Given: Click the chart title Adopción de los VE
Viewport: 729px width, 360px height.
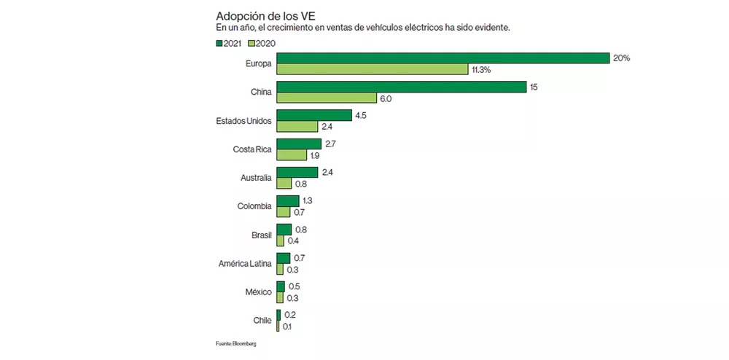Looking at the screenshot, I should [265, 15].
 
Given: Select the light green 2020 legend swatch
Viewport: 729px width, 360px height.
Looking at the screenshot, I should [252, 44].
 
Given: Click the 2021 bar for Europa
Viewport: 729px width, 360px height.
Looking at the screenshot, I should [443, 58].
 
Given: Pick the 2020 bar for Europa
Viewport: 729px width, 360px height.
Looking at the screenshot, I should [372, 69].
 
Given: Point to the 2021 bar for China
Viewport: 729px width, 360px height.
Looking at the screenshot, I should [401, 87].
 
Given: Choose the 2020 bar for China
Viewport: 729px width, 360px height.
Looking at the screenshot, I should [326, 98].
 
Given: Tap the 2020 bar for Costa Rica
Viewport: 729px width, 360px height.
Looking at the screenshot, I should [292, 154].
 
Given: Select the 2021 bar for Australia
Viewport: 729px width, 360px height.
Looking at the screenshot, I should [297, 173].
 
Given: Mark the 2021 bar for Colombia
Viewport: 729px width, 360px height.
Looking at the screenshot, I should [287, 201].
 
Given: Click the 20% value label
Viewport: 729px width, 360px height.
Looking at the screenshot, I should [622, 58].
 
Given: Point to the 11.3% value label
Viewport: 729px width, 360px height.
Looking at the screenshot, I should [481, 70].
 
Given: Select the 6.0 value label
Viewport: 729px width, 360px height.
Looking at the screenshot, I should [386, 98].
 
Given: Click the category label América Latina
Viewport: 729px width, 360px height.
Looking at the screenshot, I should [245, 264].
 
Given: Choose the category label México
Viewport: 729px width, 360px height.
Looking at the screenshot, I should [258, 292].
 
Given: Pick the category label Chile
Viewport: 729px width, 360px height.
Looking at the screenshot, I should [262, 321].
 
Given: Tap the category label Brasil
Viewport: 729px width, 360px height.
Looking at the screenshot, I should [261, 235].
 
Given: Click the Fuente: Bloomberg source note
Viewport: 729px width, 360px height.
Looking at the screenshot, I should [235, 343].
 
